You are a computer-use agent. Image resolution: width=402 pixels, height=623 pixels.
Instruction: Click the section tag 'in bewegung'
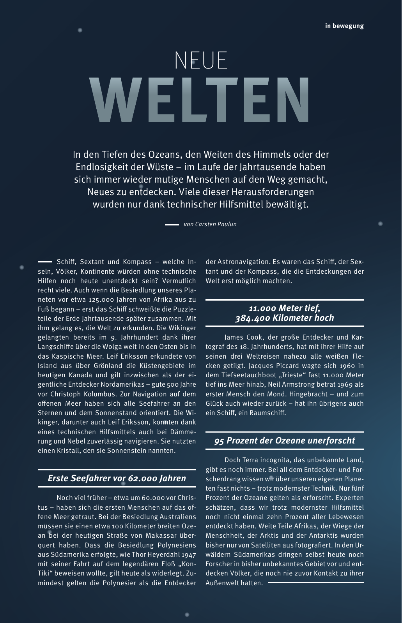pos(344,26)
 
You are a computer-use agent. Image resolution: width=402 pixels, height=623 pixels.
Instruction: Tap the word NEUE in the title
pos(201,60)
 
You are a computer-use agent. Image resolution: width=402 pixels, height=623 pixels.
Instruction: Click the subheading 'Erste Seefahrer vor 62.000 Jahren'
pos(117,478)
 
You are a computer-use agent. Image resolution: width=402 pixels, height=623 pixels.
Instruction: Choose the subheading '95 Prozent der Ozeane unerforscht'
pos(284,440)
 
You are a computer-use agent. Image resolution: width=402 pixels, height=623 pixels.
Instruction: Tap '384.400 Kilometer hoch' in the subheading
pos(284,318)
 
